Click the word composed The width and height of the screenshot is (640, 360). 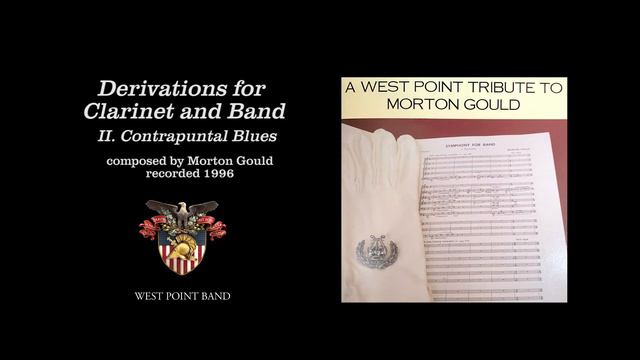(x=139, y=160)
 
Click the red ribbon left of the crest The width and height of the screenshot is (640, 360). (x=149, y=227)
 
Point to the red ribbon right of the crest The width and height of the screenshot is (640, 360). (x=216, y=227)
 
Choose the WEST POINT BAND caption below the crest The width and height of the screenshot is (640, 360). (x=183, y=297)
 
